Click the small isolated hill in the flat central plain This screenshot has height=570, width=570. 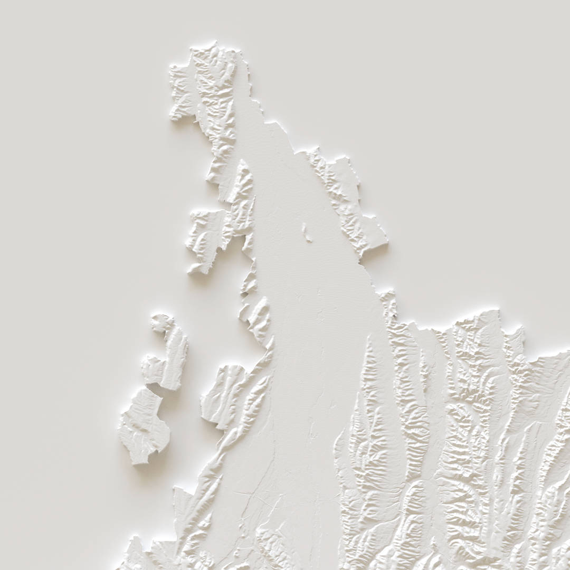click(x=307, y=233)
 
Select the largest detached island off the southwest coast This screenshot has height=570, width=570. click(x=144, y=425)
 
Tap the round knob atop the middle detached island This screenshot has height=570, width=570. click(x=161, y=322)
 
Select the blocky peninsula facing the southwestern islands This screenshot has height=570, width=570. click(x=224, y=393)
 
